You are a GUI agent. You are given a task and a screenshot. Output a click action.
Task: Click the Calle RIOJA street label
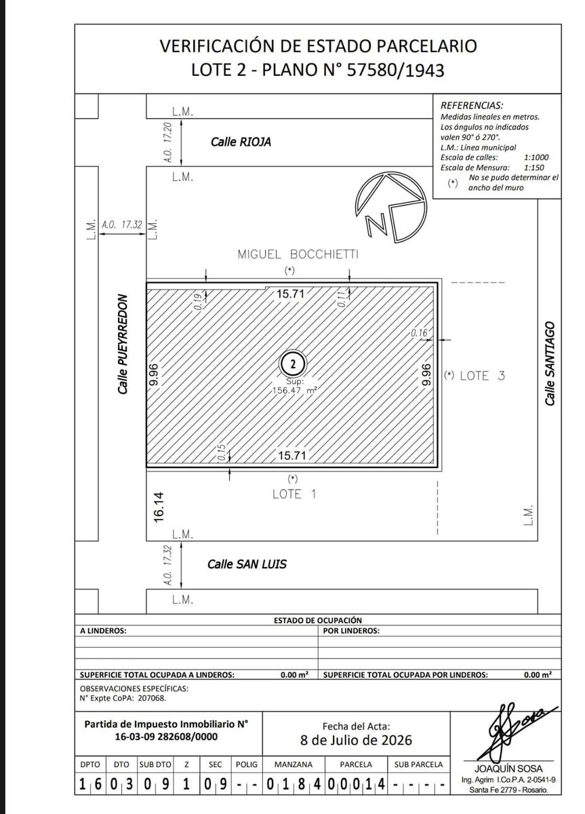[241, 142]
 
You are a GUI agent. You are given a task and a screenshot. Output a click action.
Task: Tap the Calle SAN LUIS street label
[247, 564]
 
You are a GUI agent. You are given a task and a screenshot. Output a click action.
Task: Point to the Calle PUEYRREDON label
[123, 344]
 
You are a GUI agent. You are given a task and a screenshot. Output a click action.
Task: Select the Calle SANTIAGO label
[550, 364]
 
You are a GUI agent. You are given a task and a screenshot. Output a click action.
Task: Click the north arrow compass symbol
[390, 208]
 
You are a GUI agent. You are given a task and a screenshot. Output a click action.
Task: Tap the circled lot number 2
[293, 364]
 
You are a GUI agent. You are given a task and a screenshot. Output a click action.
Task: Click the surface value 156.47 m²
[294, 391]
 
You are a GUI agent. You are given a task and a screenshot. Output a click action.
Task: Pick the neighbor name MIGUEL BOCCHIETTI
[298, 254]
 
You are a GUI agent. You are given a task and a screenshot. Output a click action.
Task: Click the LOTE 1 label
[294, 495]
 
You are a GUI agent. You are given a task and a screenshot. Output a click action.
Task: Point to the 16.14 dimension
[159, 507]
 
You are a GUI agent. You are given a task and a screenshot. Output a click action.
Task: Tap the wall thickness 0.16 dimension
[419, 332]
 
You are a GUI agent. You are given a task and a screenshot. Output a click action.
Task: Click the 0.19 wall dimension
[197, 302]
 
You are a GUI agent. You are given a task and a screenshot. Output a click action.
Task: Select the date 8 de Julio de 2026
[356, 740]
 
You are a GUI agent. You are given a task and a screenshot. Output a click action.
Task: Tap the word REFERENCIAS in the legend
[472, 106]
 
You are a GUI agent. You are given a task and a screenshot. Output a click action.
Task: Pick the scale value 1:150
[533, 168]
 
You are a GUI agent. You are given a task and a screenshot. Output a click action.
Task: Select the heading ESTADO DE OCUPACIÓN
[318, 620]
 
